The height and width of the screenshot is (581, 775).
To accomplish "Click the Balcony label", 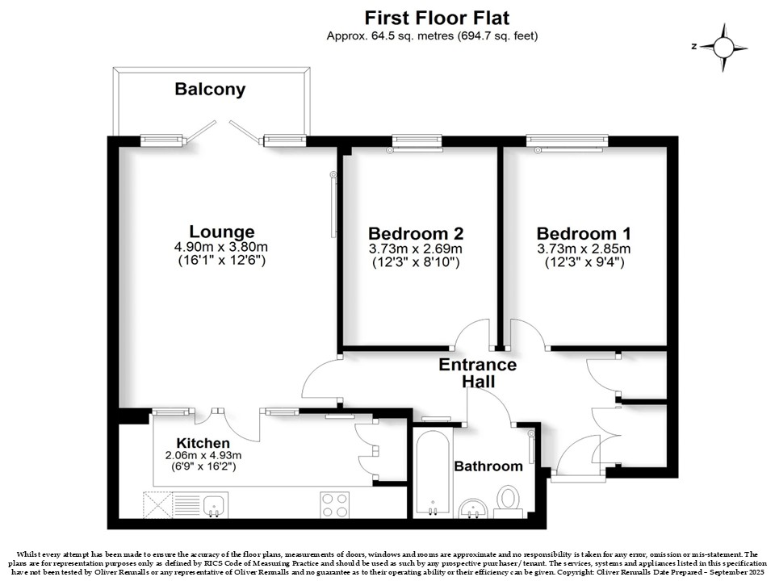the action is tap(210, 89).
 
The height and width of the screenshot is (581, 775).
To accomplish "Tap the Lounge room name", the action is tap(222, 232).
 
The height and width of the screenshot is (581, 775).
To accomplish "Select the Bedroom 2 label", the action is tap(416, 232).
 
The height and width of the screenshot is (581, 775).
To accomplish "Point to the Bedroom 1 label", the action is tap(584, 233).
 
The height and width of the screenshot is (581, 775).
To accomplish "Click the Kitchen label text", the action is tap(203, 443).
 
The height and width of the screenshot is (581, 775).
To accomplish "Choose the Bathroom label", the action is tap(488, 466).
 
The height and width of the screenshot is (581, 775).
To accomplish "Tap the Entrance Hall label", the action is tap(477, 373).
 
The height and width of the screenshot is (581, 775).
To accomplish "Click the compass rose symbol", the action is tap(723, 48).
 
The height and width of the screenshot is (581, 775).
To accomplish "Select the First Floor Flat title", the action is tap(437, 18).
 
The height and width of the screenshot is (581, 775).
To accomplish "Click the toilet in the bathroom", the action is tap(509, 500).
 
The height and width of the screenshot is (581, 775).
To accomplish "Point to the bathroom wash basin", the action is tap(474, 508).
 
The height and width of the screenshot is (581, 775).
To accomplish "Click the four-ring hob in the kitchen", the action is tap(334, 505).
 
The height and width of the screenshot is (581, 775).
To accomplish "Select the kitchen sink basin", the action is tap(214, 506).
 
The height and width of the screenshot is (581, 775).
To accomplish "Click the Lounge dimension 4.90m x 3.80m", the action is tap(221, 247).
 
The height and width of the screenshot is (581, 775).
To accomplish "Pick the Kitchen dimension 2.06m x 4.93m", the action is tap(203, 455).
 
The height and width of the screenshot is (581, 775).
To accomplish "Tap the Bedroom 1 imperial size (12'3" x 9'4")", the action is tap(584, 261).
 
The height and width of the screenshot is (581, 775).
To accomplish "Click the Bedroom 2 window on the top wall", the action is tap(417, 142).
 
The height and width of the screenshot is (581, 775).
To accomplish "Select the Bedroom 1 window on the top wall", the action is tap(567, 142).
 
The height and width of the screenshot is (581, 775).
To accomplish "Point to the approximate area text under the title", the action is tap(432, 36).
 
